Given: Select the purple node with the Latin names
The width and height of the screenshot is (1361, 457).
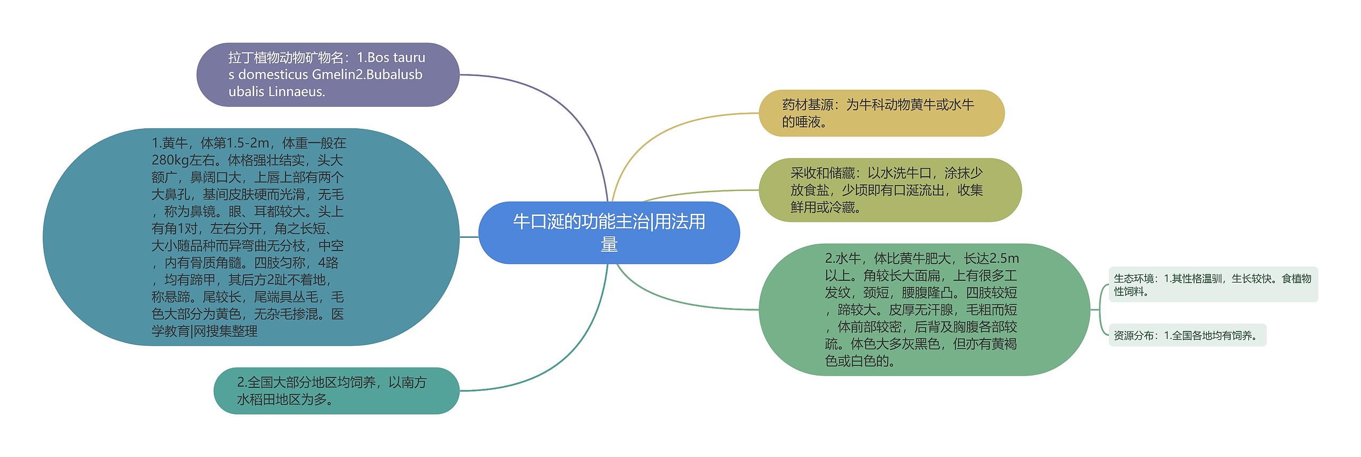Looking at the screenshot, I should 327,74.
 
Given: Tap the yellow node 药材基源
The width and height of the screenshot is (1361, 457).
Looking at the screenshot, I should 881,113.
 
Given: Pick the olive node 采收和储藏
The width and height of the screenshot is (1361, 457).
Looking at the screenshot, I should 889,190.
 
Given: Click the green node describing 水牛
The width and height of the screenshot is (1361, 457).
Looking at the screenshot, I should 923,310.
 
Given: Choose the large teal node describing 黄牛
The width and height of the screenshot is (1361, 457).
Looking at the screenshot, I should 250,237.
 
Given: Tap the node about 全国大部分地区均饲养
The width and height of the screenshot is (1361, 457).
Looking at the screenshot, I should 336,390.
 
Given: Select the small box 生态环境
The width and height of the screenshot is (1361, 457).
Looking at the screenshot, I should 1213,285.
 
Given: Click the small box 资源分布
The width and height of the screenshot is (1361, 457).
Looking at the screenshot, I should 1187,335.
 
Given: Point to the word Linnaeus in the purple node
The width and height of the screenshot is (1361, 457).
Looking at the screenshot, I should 297,92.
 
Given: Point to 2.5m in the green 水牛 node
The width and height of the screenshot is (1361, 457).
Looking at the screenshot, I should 1004,259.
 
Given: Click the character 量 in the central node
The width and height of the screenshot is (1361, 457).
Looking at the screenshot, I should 609,245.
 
